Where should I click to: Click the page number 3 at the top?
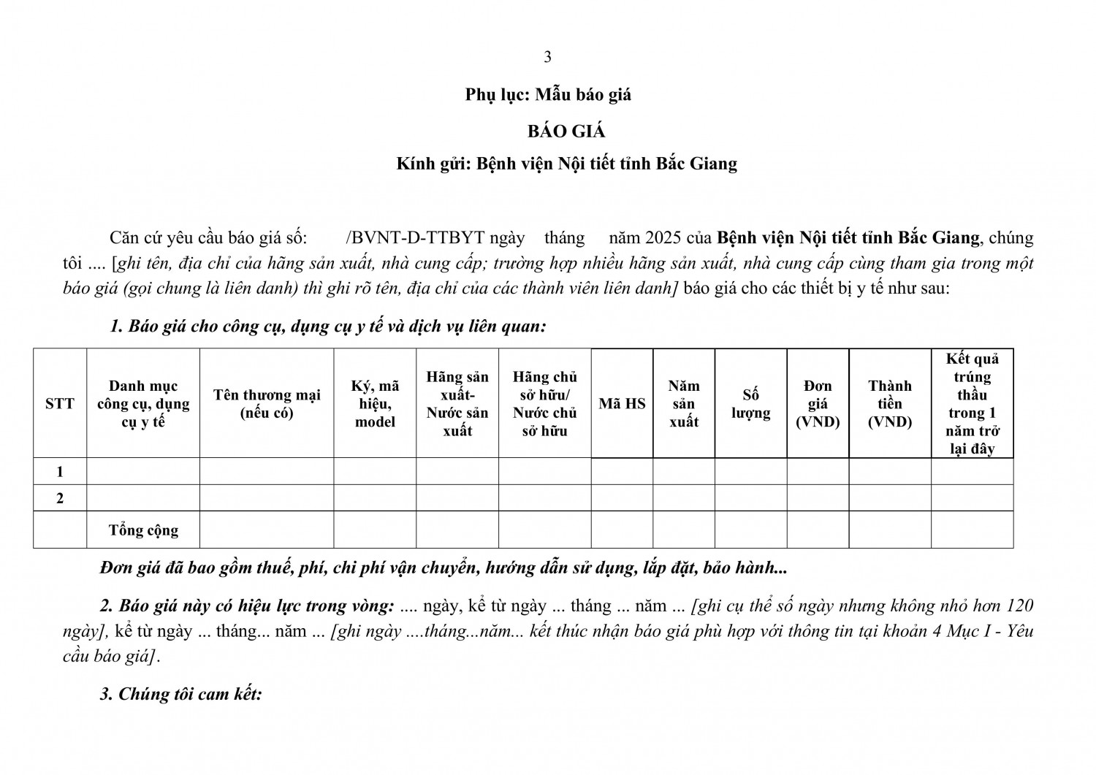pyautogui.click(x=548, y=57)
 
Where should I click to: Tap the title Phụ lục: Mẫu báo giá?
pyautogui.click(x=548, y=94)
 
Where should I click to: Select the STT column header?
pyautogui.click(x=60, y=403)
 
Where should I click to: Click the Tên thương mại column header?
pyautogui.click(x=267, y=403)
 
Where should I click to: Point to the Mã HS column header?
pyautogui.click(x=622, y=403)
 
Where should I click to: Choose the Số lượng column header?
pyautogui.click(x=751, y=403)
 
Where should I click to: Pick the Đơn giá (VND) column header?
pyautogui.click(x=818, y=403)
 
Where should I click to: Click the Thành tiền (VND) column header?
pyautogui.click(x=890, y=403)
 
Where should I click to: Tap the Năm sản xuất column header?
pyautogui.click(x=684, y=403)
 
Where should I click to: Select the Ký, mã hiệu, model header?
pyautogui.click(x=375, y=403)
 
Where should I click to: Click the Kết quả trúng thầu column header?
pyautogui.click(x=972, y=403)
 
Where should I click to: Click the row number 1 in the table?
pyautogui.click(x=60, y=472)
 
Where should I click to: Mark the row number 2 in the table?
pyautogui.click(x=60, y=498)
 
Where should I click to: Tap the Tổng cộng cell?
pyautogui.click(x=143, y=530)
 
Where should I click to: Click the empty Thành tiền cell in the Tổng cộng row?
pyautogui.click(x=890, y=530)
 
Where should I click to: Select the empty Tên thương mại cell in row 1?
pyautogui.click(x=267, y=472)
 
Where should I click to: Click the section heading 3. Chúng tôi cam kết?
pyautogui.click(x=180, y=694)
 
